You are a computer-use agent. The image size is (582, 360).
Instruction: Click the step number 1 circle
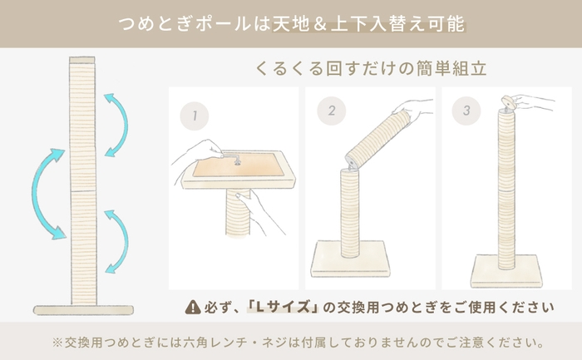coord(194,117)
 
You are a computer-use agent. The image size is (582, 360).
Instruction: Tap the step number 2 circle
coord(331,111)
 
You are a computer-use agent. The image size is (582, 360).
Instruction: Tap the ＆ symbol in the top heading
coord(342,23)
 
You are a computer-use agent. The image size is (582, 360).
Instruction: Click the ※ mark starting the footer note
coord(57,342)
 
